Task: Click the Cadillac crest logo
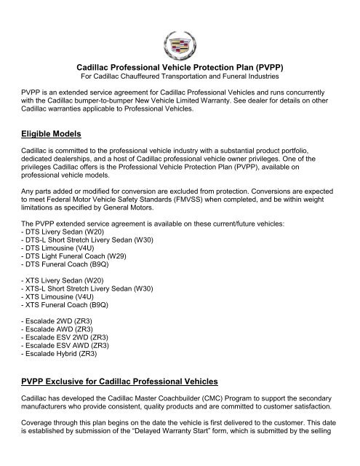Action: point(179,36)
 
